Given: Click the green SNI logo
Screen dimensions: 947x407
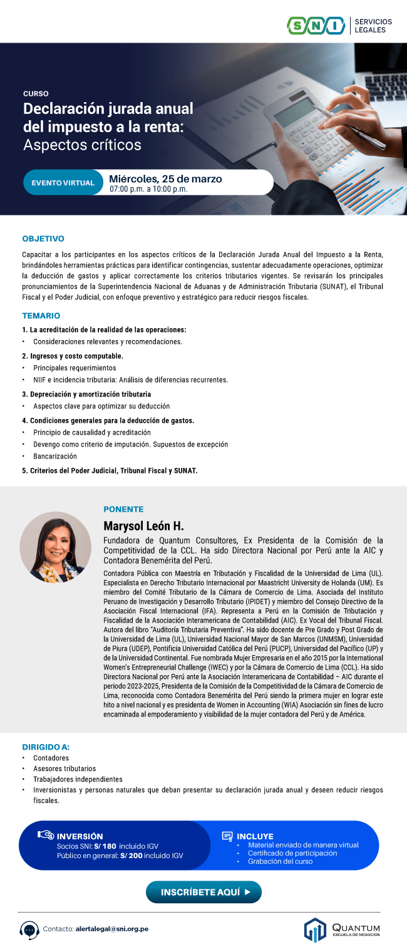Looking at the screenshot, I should pos(316,26).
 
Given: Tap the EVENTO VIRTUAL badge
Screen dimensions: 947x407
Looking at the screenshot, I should pos(63,183).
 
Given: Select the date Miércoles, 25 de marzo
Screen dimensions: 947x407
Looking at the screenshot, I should pos(165,179).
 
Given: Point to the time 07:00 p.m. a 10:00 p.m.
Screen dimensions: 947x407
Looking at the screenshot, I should pos(148,189).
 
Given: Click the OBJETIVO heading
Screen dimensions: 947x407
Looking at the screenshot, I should pos(43,239).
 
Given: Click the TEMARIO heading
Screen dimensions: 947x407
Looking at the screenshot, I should pos(41,316).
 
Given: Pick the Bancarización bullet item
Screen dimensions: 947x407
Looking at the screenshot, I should pos(55,456).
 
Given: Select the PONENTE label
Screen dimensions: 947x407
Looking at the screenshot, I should pos(123,509).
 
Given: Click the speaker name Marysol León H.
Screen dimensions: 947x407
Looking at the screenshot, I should pos(143,525).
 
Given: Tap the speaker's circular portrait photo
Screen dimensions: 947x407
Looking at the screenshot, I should pos(55,547).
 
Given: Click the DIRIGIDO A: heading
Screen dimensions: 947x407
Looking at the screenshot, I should pos(46,747).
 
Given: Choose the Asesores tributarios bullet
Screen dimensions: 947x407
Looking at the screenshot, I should pos(64,768).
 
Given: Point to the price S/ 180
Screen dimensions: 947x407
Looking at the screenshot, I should pos(106,846).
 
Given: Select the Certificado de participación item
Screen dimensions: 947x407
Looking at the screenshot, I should pos(292,853).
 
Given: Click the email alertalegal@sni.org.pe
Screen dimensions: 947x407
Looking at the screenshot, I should pos(112,929).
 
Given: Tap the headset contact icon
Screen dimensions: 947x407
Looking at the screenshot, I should pos(29,929).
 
